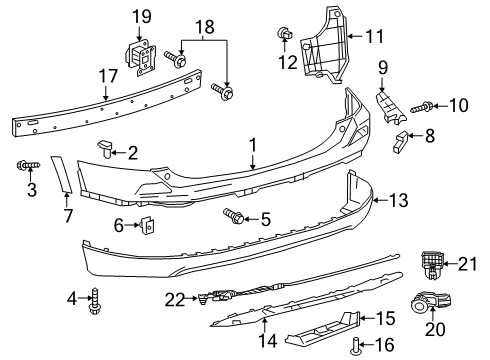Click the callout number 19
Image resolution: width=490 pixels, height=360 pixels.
click(138, 15)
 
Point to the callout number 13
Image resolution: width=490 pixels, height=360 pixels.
click(399, 200)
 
